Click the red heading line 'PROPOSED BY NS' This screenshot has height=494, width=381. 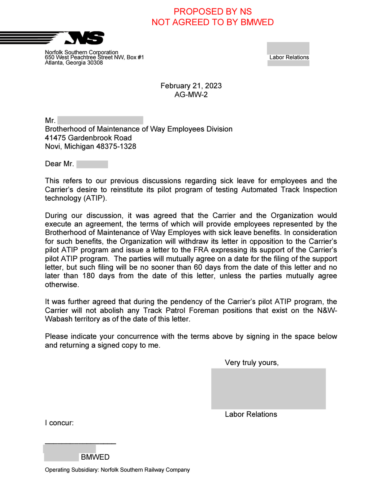click(x=212, y=12)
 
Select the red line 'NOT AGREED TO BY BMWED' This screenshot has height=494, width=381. click(x=212, y=22)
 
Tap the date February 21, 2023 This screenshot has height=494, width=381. click(x=191, y=86)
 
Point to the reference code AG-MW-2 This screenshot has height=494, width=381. click(x=191, y=95)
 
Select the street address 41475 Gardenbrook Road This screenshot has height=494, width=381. click(x=88, y=138)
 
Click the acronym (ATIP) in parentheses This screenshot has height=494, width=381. click(x=95, y=198)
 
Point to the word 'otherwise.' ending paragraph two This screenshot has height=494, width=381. click(x=62, y=285)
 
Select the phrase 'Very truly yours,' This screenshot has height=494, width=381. click(x=251, y=362)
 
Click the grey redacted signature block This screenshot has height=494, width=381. click(x=268, y=389)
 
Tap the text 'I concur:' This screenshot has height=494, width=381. click(x=59, y=423)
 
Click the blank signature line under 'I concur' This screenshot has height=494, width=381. click(x=80, y=443)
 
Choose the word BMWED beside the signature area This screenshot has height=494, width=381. click(x=95, y=457)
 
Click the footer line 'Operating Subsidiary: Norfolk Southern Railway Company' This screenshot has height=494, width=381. click(x=117, y=470)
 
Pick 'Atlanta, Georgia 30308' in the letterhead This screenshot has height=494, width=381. click(x=74, y=63)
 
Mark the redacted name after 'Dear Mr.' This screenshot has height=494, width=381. click(x=92, y=164)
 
